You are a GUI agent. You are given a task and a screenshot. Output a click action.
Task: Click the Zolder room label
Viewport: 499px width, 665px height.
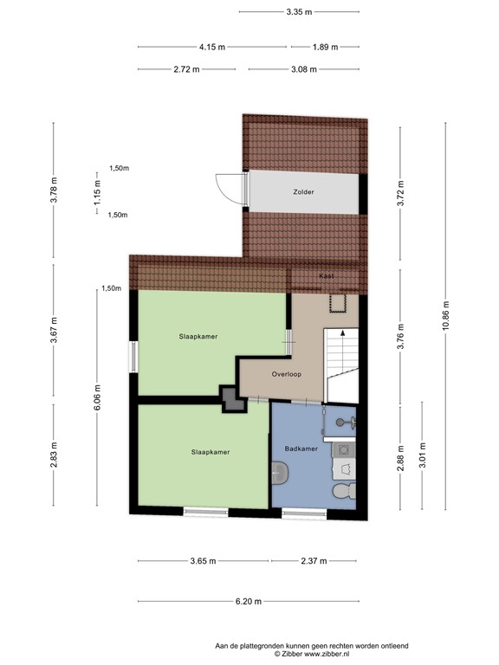point(302,192)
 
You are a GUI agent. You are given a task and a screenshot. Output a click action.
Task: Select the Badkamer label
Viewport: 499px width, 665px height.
point(301,449)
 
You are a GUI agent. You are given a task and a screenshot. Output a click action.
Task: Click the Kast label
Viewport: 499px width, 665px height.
point(327,275)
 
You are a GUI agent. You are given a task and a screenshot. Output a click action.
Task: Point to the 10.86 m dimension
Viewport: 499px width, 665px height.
point(445,315)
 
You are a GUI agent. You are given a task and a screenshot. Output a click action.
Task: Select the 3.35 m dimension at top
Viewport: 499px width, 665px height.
point(298,12)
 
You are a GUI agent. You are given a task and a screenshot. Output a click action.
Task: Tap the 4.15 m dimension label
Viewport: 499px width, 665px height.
point(211,47)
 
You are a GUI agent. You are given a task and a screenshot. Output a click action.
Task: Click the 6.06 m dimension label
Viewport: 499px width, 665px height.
point(97,399)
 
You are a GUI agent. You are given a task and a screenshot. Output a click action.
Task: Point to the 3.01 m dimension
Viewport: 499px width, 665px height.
point(422,455)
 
